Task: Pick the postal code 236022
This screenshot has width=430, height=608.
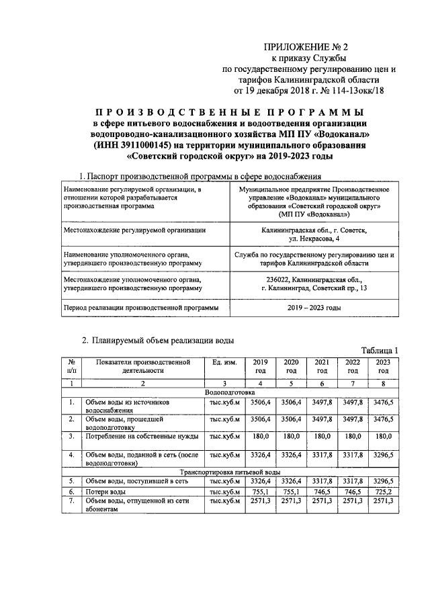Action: (x=279, y=279)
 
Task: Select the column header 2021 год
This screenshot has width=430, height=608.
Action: (x=322, y=366)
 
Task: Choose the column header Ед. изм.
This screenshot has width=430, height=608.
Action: (x=223, y=362)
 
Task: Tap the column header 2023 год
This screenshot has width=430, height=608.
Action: (x=384, y=366)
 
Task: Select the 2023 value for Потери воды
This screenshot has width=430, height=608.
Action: (x=384, y=492)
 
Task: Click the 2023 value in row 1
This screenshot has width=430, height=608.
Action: (x=384, y=401)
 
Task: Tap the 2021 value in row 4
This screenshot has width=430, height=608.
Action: (x=322, y=455)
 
